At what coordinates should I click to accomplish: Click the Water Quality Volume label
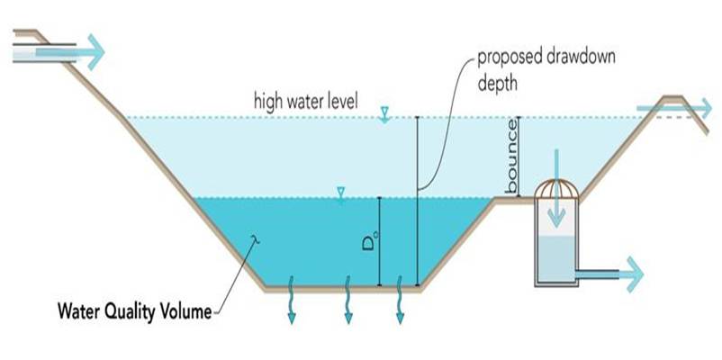(x=134, y=313)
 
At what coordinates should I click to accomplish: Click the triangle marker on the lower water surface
(x=340, y=192)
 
